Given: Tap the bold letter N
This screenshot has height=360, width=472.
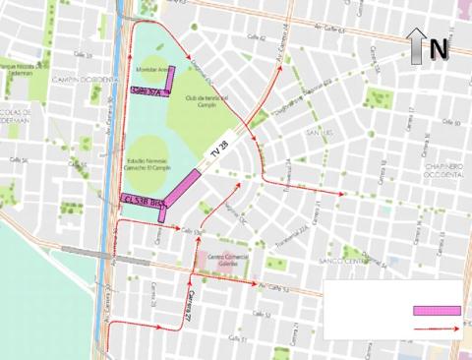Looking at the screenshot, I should coord(438,45).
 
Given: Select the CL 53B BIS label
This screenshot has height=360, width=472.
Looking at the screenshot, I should coord(144,199).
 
